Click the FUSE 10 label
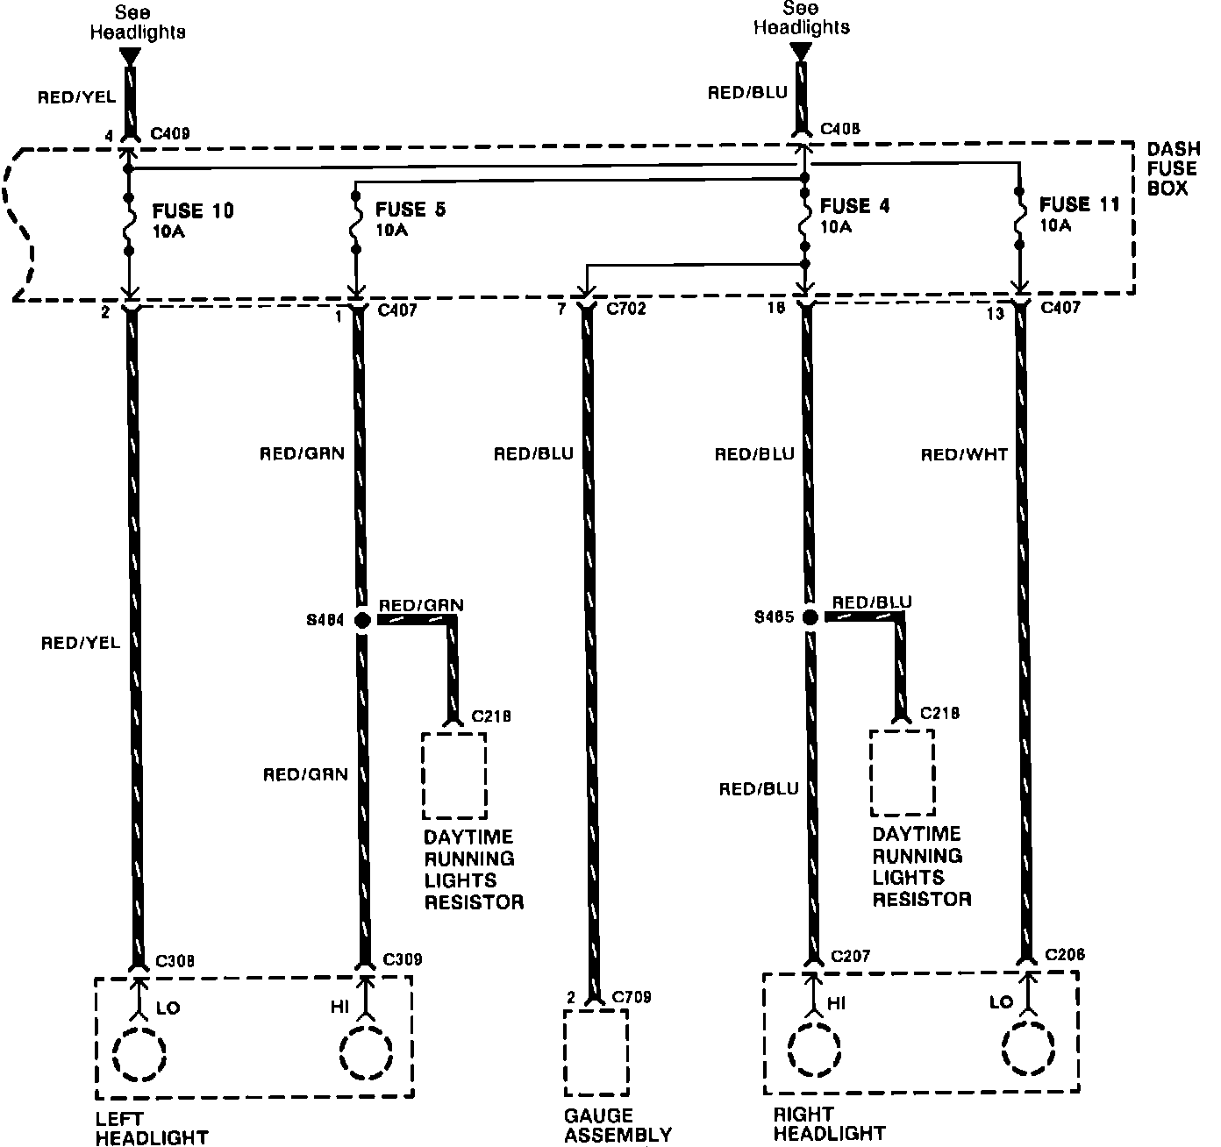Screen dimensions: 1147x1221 coord(193,211)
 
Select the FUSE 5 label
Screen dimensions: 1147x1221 coord(410,210)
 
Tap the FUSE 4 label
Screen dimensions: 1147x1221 coord(854,206)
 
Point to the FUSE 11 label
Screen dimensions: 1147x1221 coord(1080,204)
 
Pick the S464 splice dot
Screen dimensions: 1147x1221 coord(362,621)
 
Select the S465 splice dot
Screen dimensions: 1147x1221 coord(810,617)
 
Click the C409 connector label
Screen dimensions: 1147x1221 coord(170,134)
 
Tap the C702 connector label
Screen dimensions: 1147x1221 coord(626,309)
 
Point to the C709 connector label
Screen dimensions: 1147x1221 coord(632,997)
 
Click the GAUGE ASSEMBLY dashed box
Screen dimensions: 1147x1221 coord(596,1052)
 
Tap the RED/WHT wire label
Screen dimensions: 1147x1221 coord(964,454)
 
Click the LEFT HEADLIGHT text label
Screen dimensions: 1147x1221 coord(152,1129)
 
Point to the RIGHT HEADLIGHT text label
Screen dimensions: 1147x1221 coord(829,1124)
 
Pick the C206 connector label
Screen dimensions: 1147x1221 coord(1065,955)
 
